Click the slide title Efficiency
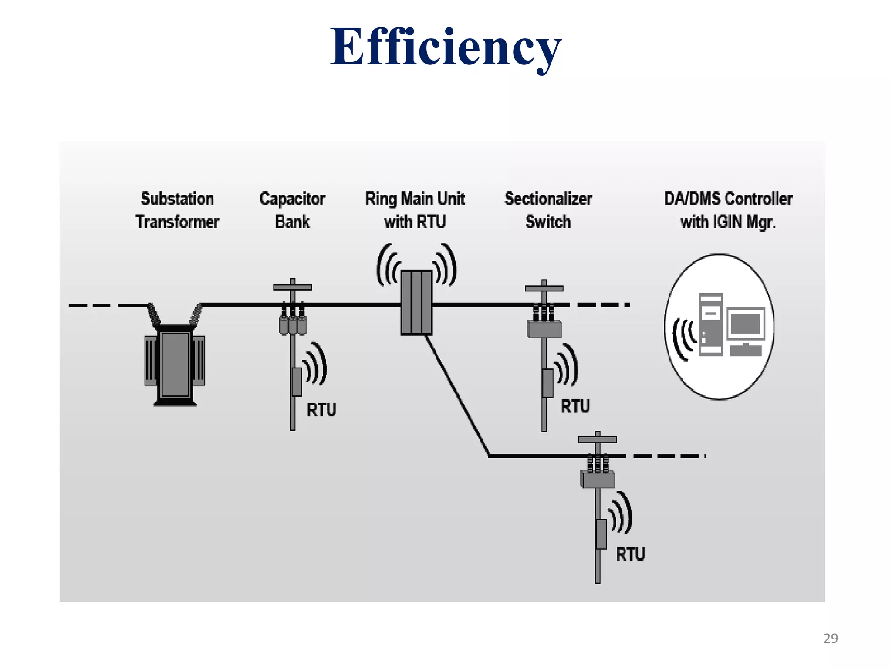[445, 47]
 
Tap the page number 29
[830, 639]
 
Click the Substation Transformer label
[177, 210]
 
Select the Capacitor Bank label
[292, 210]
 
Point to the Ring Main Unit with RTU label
[415, 210]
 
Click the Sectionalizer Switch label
[548, 210]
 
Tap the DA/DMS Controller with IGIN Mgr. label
[728, 210]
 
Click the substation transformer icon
[175, 364]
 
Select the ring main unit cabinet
[416, 302]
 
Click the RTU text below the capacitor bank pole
[321, 410]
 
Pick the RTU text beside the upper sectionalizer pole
[575, 406]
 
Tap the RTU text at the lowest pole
[630, 554]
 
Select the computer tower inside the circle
[710, 324]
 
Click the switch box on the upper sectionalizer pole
[544, 329]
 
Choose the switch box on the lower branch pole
[598, 480]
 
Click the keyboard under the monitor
[746, 350]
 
